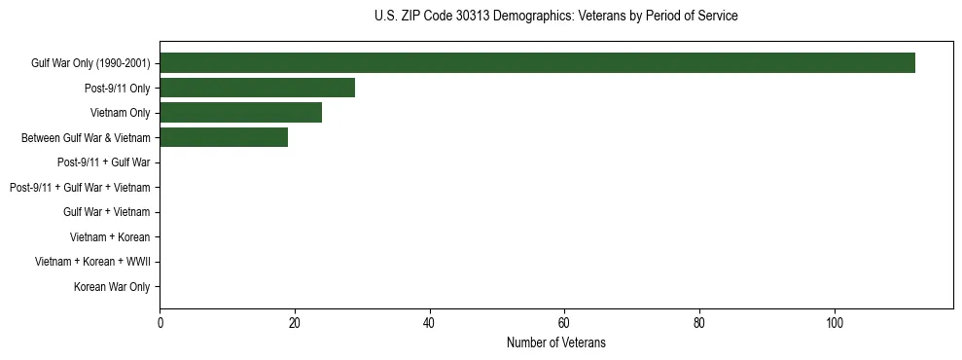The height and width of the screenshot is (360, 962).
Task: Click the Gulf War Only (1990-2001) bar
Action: point(537,63)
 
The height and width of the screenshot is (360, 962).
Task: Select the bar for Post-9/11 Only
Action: point(257,89)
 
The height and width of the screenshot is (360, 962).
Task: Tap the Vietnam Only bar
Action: point(240,113)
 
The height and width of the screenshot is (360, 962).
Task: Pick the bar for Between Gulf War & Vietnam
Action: point(224,138)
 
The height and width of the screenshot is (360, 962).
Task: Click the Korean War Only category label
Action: point(112,287)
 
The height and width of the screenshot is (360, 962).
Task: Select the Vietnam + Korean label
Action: point(110,237)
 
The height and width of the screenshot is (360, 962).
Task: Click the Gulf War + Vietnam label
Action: point(107,212)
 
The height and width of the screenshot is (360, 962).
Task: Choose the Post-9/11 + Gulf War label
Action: point(103,162)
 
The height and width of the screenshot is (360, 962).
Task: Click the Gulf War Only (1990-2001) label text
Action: point(90,63)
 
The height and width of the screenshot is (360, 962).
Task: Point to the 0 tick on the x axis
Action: point(160,323)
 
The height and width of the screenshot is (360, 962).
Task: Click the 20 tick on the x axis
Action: point(295,323)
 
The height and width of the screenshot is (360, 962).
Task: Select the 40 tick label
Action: point(429,323)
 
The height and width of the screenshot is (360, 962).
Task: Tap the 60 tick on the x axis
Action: point(564,323)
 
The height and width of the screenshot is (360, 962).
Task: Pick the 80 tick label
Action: point(699,323)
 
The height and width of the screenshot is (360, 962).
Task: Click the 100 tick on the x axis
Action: point(834,323)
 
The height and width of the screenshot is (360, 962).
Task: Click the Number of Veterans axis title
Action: point(555,342)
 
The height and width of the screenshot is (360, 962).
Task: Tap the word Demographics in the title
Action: point(532,17)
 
